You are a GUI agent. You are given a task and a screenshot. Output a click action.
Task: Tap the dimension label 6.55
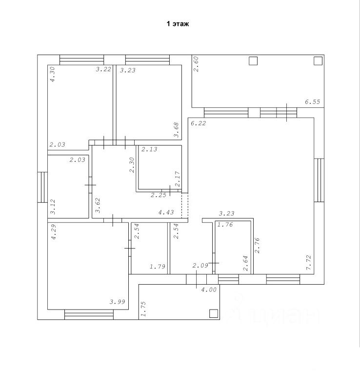tap(312, 102)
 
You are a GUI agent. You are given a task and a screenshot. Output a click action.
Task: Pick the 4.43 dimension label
tap(166, 212)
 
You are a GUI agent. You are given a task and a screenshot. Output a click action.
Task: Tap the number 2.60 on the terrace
tap(197, 64)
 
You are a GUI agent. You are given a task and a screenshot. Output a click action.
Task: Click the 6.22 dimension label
tap(198, 124)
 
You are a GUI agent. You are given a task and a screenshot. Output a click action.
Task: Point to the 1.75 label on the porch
tap(143, 310)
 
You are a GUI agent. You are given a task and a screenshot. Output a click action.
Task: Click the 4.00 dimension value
tap(209, 290)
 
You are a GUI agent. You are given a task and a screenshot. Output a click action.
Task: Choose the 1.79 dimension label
tap(157, 267)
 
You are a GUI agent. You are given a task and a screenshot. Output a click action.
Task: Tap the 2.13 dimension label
tap(149, 150)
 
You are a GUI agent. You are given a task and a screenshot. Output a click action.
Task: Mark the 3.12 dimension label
tap(53, 207)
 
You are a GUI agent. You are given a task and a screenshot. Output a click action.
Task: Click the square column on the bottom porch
tap(213, 313)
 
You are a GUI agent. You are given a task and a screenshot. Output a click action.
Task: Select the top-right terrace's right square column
tap(318, 61)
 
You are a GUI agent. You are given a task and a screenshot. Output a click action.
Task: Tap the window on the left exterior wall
tap(42, 187)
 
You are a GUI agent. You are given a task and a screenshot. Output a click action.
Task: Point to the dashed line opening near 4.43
tap(184, 205)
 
